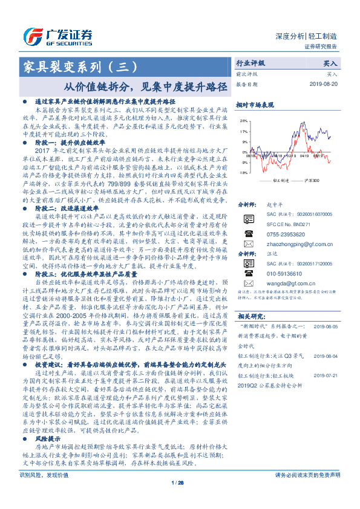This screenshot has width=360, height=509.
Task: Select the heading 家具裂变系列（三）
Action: pyautogui.click(x=82, y=65)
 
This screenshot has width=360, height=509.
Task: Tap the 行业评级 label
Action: pyautogui.click(x=250, y=63)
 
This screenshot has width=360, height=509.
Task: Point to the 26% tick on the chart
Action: pyautogui.click(x=243, y=121)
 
